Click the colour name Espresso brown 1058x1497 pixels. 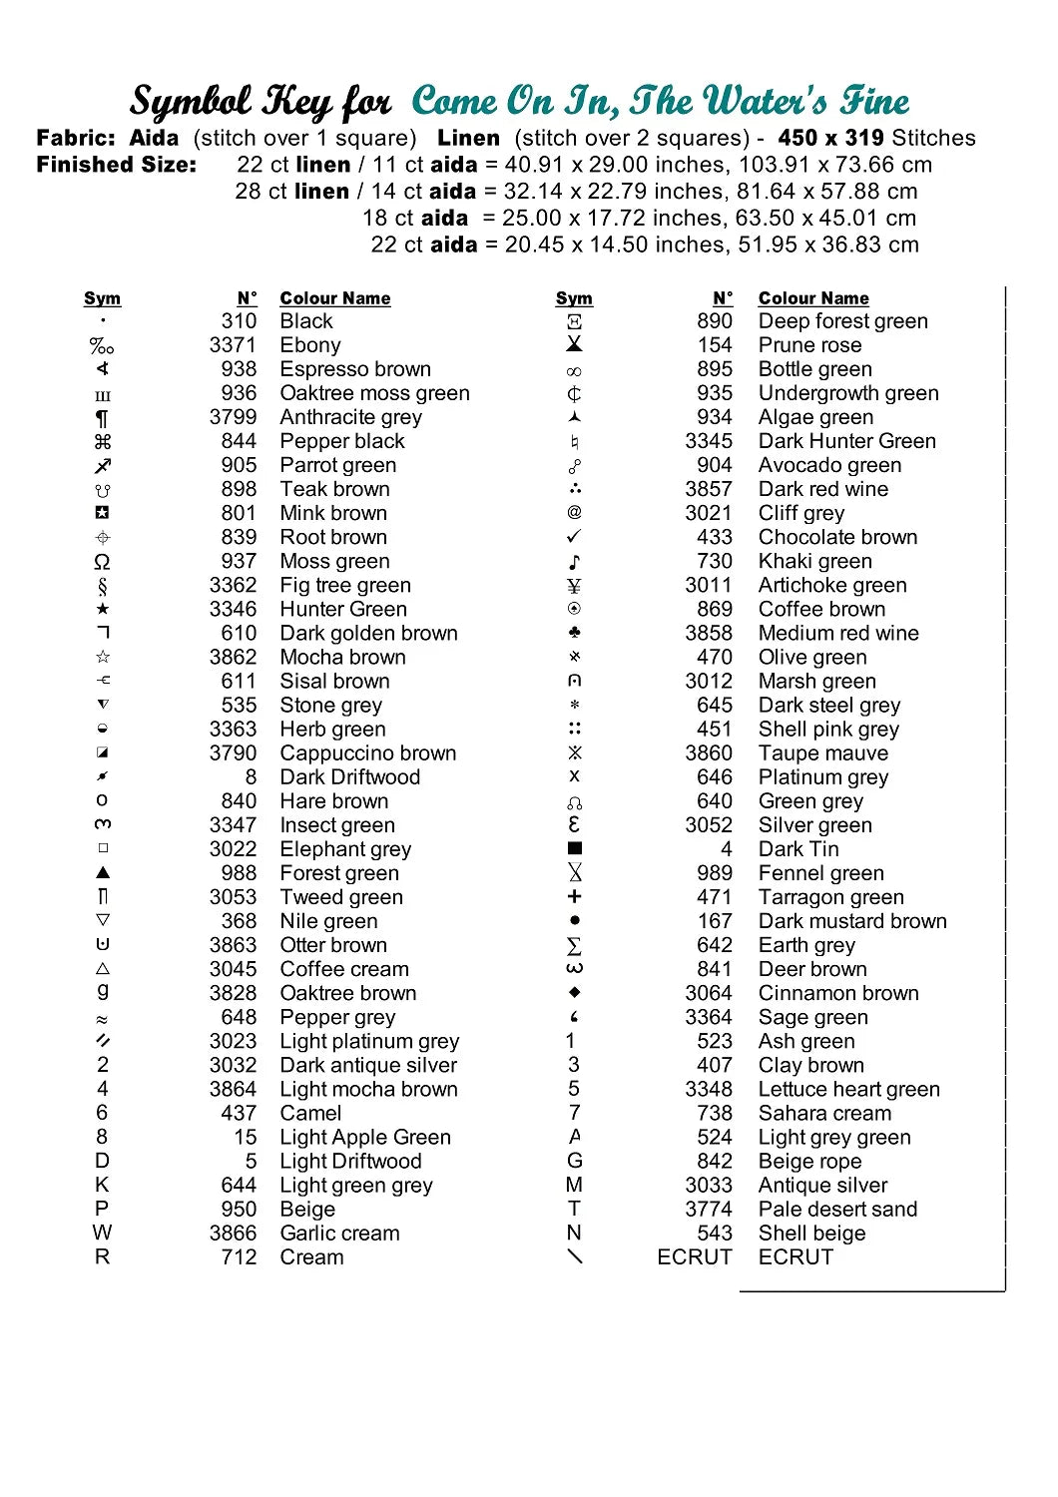355,369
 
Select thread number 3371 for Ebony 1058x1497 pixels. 233,345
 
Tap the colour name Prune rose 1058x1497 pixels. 809,345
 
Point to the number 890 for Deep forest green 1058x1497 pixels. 715,321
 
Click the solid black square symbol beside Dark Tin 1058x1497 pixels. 574,848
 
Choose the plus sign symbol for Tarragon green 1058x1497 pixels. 574,896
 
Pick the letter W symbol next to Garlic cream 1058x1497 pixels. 102,1233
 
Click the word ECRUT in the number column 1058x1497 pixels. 694,1256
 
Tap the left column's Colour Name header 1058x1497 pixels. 335,298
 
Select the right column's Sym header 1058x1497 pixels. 574,298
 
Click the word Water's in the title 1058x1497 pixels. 765,101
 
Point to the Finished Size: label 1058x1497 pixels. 116,165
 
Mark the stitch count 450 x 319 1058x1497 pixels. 830,138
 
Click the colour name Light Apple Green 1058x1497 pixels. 365,1137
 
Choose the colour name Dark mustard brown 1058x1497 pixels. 852,921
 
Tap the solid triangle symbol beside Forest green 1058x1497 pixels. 102,872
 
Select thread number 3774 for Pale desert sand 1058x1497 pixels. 709,1209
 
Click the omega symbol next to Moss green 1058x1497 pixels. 102,561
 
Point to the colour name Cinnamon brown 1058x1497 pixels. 838,993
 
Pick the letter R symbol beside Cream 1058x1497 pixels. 102,1256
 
